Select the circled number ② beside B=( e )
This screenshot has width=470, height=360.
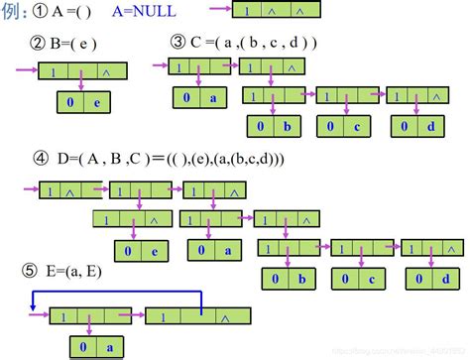coord(40,44)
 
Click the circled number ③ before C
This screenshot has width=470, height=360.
coord(179,43)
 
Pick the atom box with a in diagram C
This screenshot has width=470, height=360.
coord(201,97)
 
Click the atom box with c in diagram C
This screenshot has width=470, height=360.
coord(343,128)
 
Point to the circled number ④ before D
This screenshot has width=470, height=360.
coord(40,157)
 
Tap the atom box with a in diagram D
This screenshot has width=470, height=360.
coord(216,251)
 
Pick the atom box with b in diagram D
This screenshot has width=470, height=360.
coord(289,282)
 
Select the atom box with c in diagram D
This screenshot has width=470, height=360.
coord(358,282)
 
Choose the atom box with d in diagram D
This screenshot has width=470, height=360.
coord(430,282)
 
